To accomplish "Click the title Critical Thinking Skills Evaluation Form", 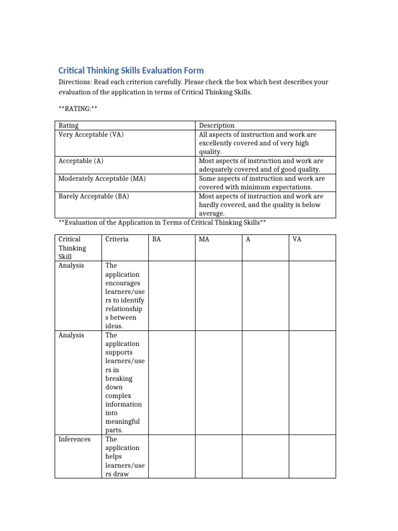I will point(131,71).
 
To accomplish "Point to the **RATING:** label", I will point(78,108).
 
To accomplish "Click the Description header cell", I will point(217,125).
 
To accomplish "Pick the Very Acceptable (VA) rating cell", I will point(91,134).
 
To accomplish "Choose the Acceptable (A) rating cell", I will point(81,161).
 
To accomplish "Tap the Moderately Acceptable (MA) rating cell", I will point(102,178).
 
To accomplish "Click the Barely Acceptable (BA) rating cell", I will point(94,196).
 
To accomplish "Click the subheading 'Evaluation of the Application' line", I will point(162,222).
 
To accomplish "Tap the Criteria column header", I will point(117,240).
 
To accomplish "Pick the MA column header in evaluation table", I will point(204,240).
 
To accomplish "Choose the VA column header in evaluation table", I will point(297,240).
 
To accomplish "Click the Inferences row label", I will point(74,439).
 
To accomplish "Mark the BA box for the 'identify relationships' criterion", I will point(172,296).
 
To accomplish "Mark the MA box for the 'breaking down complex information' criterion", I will point(218,383).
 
